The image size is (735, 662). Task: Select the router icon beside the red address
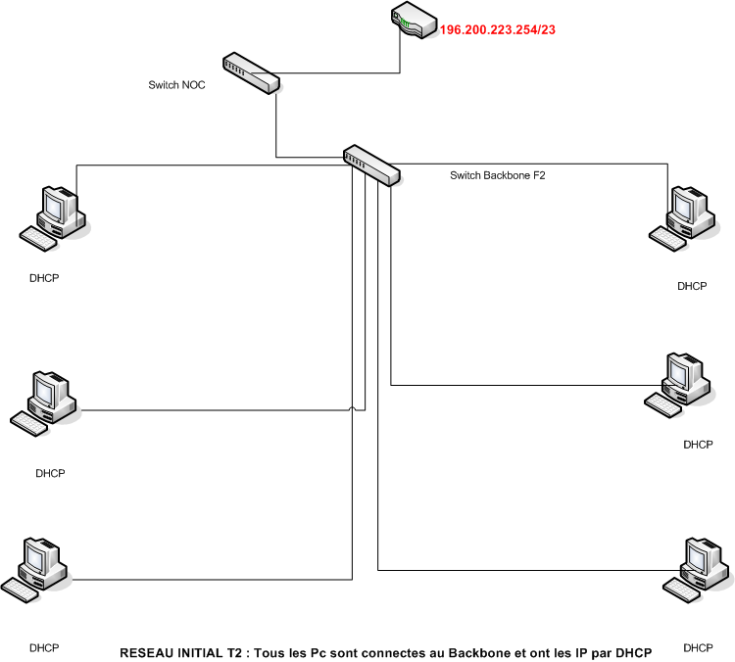coord(413,20)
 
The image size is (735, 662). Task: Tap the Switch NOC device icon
coord(250,72)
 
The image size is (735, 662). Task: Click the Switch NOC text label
coord(176,85)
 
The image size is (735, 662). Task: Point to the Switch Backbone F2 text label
coord(497,175)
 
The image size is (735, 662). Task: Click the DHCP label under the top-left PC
coord(44,278)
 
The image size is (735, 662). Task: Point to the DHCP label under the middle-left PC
coord(50,473)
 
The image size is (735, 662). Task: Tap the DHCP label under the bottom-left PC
coord(44,648)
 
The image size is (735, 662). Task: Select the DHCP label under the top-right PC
coord(692,286)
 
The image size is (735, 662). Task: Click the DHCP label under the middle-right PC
coord(698,444)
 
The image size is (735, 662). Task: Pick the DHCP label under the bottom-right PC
coord(698,648)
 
